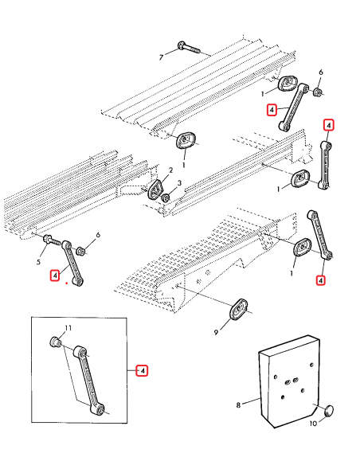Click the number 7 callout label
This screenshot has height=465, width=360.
coord(161,57)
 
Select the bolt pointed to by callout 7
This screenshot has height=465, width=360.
coord(189,48)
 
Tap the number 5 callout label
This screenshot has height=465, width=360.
coord(38,262)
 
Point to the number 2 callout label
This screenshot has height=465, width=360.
coord(170,170)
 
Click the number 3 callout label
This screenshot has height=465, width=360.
coord(179,183)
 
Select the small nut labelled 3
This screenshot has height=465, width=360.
coord(166,197)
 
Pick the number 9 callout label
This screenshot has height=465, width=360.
coord(216,333)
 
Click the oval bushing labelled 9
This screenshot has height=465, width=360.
coord(239,310)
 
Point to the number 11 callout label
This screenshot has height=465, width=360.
coord(68,328)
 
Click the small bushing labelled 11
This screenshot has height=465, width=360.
coord(56,342)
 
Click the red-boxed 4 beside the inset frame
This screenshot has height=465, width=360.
coord(142,371)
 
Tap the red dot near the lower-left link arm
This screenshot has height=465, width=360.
coord(67,283)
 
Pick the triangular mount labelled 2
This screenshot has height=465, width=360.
coord(155,190)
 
